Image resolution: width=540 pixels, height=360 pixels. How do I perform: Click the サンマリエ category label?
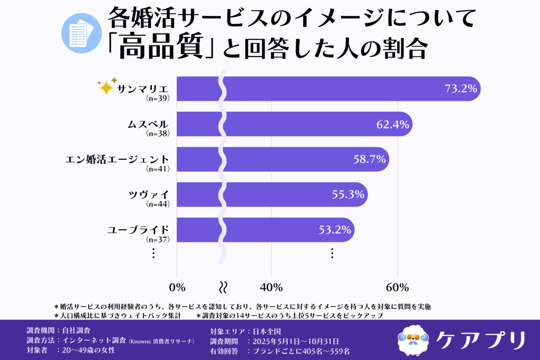click(143, 87)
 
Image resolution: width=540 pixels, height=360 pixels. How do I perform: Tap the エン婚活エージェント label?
click(117, 159)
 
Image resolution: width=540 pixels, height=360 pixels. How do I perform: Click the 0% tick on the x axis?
click(177, 287)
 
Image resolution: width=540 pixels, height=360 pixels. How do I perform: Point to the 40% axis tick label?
click(271, 287)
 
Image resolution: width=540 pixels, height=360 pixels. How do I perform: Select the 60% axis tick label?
click(397, 287)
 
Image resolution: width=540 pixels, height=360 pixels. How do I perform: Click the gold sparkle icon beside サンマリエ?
click(107, 86)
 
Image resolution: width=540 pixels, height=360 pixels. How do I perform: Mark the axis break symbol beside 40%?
click(223, 287)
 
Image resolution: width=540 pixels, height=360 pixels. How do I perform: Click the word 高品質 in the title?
click(160, 49)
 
